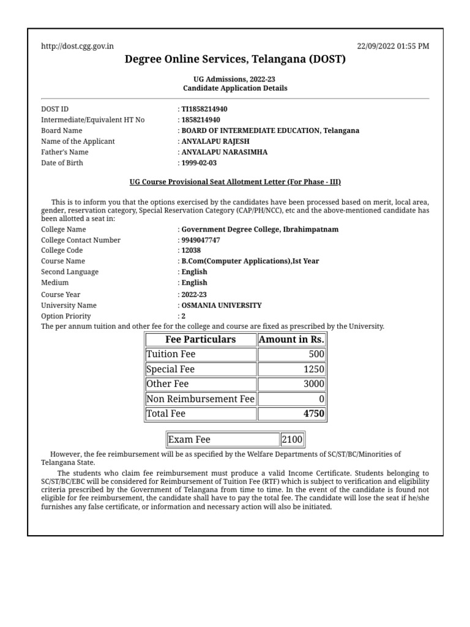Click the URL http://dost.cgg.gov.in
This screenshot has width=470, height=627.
tap(77, 46)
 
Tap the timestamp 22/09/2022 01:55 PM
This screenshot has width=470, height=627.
tap(393, 46)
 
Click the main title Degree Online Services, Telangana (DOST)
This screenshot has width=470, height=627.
tap(235, 59)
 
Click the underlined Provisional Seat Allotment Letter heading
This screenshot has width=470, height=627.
tap(235, 182)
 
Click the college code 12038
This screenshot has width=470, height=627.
tap(191, 250)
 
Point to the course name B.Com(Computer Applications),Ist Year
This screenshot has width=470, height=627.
tap(250, 261)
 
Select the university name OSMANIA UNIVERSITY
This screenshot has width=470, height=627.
tap(222, 305)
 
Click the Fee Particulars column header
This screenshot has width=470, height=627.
tap(201, 339)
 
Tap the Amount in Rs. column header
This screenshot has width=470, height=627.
tap(291, 339)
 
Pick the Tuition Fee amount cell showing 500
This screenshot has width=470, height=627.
tap(291, 355)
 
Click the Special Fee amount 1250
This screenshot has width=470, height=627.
tap(291, 369)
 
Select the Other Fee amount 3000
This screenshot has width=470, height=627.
tap(291, 384)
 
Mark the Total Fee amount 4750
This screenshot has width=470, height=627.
tap(291, 414)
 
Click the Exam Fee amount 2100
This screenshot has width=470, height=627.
tap(292, 440)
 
